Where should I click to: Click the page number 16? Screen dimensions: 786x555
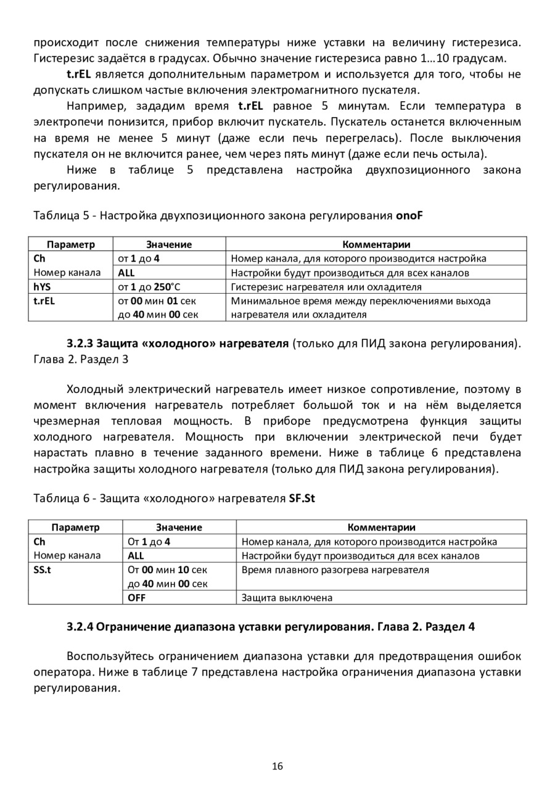point(277,767)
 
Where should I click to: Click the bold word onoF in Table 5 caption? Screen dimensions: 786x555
point(409,216)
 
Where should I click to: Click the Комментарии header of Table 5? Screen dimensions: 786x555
point(376,245)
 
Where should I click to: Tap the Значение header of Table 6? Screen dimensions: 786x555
point(179,527)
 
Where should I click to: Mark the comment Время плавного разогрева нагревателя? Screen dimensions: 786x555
point(335,570)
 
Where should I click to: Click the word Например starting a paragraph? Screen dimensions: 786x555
point(94,105)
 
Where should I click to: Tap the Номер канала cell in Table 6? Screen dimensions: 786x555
point(67,556)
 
